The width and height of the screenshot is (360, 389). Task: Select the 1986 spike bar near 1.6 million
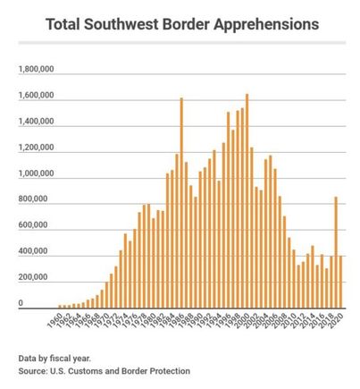point(181,203)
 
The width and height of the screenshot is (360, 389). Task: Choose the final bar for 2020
point(341,282)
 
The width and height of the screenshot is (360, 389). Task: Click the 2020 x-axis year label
point(339,320)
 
